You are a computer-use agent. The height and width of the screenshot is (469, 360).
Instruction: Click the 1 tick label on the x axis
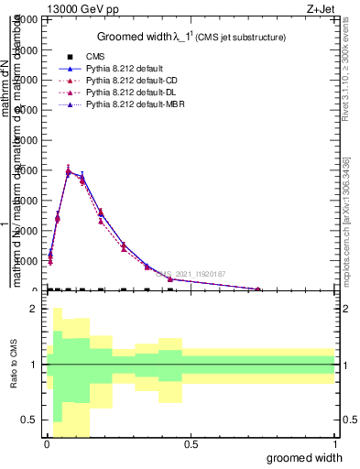tap(334, 445)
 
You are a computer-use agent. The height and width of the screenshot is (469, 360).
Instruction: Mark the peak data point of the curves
tap(68, 170)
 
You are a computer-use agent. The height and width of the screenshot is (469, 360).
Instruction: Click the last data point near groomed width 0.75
tap(258, 289)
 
